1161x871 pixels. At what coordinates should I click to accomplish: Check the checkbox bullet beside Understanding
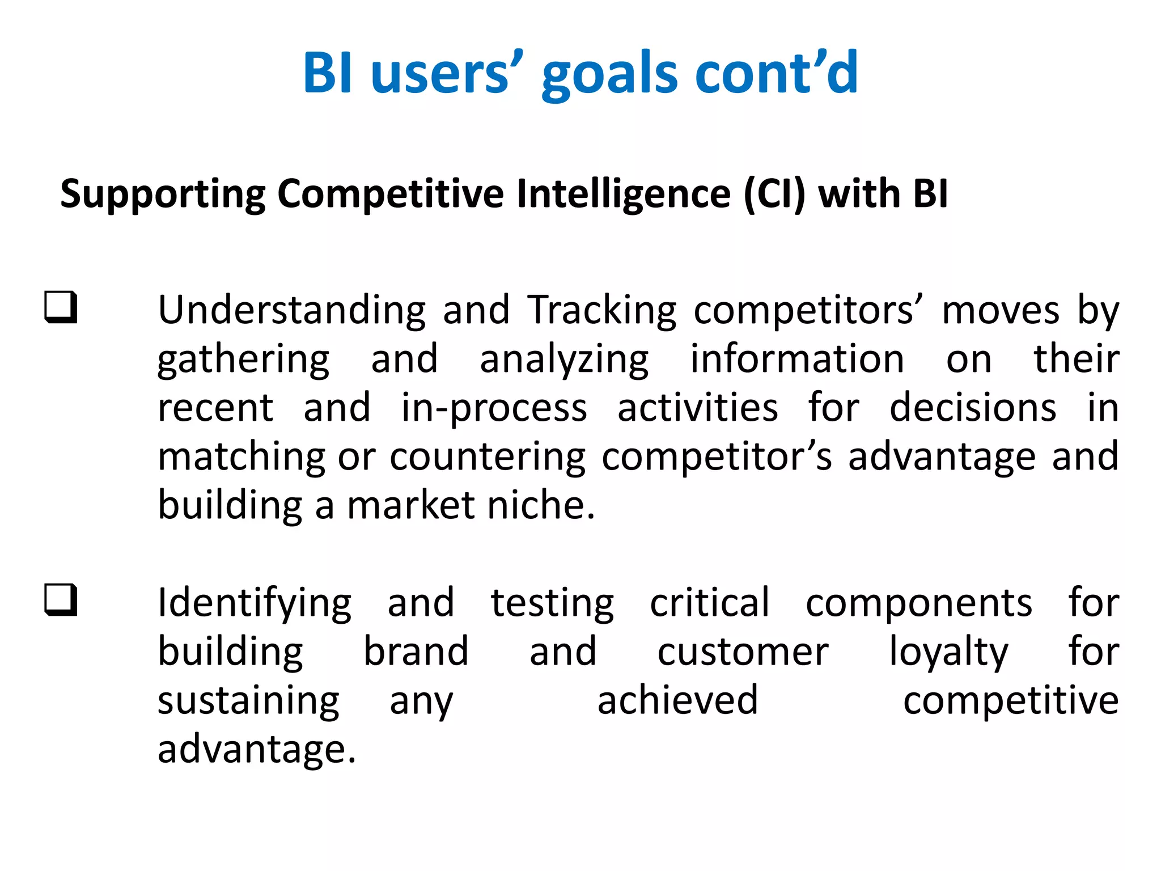pos(61,307)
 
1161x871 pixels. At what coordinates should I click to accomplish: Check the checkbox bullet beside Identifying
pos(61,599)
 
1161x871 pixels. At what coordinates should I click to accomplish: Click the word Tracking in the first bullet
pos(602,310)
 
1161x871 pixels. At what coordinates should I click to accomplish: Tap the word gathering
pos(243,360)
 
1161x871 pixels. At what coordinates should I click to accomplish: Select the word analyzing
pos(564,360)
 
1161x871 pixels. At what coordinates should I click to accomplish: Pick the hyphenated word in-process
pos(494,408)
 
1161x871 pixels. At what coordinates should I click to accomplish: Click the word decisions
pos(973,408)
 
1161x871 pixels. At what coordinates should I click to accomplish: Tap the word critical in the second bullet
pos(710,603)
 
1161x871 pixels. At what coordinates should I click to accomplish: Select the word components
pos(919,603)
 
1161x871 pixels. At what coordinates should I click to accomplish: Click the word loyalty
pos(948,652)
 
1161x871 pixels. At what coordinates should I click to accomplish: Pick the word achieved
pos(677,700)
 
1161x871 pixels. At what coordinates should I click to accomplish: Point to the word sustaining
pos(248,700)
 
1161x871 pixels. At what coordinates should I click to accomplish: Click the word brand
pos(416,652)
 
